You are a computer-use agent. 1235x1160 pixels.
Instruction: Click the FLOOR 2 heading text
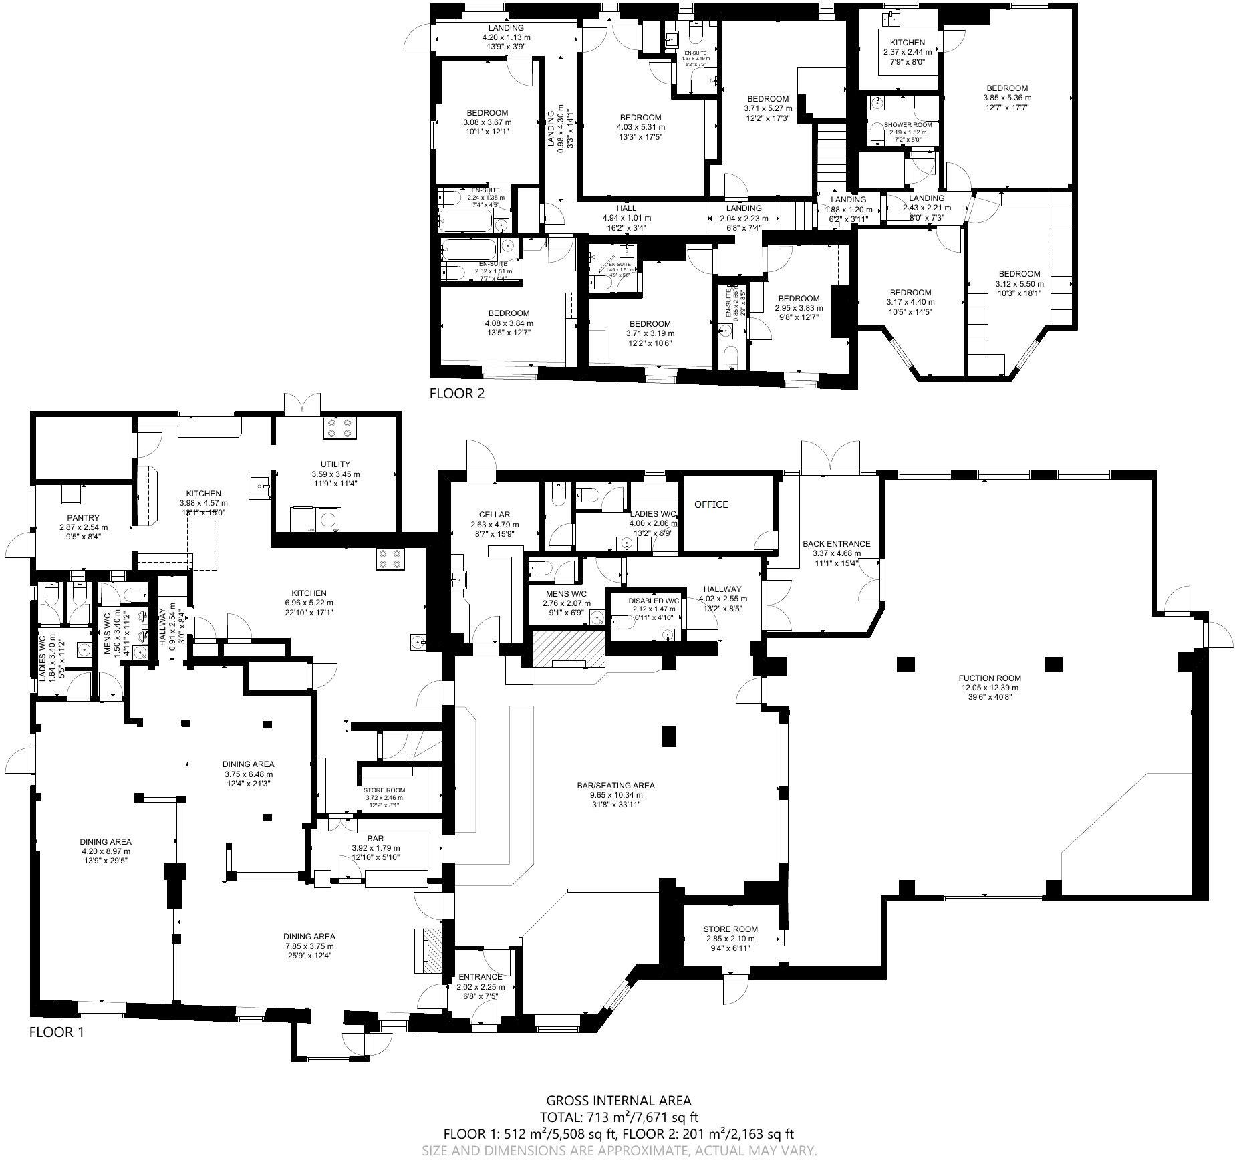coord(456,394)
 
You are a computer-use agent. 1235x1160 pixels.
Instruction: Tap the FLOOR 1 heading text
coord(57,1032)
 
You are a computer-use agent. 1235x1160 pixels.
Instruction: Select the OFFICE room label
coord(710,504)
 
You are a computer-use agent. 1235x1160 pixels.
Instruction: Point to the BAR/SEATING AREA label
coord(615,785)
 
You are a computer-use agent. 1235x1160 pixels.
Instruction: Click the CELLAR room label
coord(494,515)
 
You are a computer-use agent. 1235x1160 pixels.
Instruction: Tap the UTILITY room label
coord(335,464)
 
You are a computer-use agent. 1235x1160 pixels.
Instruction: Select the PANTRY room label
coord(83,517)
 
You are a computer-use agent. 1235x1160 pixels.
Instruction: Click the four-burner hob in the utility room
coord(339,428)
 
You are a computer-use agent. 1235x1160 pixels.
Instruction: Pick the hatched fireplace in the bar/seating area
coord(568,649)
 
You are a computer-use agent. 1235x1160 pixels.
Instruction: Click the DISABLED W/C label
coord(654,601)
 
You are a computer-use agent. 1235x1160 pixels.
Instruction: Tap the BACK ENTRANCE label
coord(836,544)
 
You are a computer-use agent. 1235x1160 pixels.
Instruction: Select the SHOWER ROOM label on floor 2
coord(908,125)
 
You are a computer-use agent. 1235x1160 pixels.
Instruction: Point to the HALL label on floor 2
coord(626,208)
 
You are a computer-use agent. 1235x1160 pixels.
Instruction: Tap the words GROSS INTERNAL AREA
coord(618,1101)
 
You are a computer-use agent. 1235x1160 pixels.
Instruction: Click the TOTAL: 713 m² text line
coord(618,1117)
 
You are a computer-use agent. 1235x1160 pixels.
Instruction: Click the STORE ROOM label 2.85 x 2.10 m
coord(730,929)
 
